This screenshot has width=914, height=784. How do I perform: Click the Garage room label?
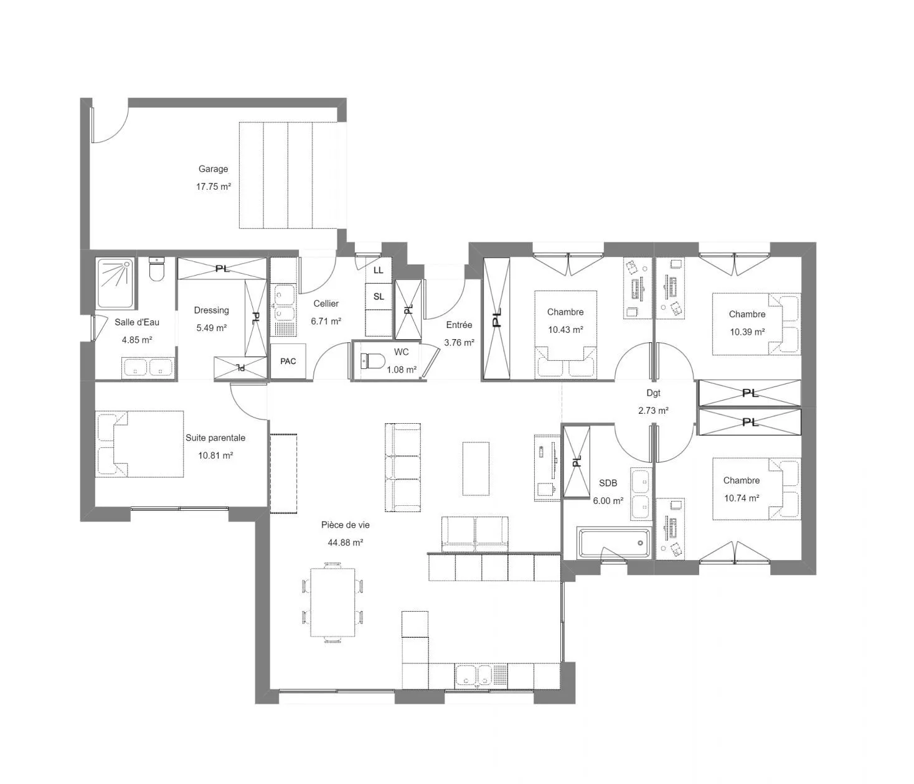pos(213,169)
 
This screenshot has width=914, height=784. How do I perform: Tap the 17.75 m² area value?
pos(214,187)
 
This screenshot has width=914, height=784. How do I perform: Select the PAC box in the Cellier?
pos(288,361)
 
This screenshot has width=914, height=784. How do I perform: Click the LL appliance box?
pos(379,270)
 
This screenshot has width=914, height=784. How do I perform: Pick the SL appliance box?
pos(379,297)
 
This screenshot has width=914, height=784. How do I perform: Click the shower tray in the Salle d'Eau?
pos(115,283)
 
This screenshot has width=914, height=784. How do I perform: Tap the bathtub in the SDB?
pos(614,543)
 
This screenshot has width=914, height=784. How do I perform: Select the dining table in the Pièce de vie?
pos(332,602)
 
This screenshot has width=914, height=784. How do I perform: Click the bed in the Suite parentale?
pos(139,444)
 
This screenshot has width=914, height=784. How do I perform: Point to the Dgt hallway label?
pos(653,393)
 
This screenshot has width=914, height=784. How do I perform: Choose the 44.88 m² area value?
pos(346,542)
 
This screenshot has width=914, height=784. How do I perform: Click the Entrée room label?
pos(459,325)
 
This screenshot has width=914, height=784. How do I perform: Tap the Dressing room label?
pos(211,310)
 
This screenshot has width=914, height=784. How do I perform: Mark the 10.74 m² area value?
pos(742,498)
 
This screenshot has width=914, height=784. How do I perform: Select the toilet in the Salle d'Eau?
pos(157,269)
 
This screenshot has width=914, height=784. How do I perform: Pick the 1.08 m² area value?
pos(402,370)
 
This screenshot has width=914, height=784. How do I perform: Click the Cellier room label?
pos(326,304)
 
